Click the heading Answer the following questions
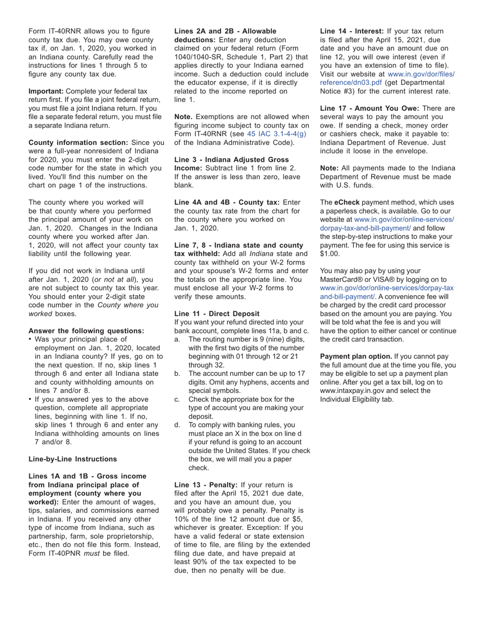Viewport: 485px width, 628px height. [x=86, y=330]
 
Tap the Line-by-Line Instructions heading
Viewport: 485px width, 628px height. [x=72, y=458]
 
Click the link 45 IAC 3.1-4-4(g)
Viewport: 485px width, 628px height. [x=276, y=134]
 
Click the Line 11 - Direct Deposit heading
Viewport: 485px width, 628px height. [x=217, y=313]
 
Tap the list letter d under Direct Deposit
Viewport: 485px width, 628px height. [x=177, y=424]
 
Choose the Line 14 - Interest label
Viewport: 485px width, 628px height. [x=352, y=31]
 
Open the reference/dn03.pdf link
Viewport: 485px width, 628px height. [x=351, y=82]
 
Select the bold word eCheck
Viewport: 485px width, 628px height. [x=347, y=203]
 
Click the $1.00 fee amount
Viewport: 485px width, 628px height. [x=330, y=253]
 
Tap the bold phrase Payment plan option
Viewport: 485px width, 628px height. [x=356, y=356]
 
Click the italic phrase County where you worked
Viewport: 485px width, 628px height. [x=128, y=305]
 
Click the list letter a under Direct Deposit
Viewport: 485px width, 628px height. [x=177, y=340]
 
